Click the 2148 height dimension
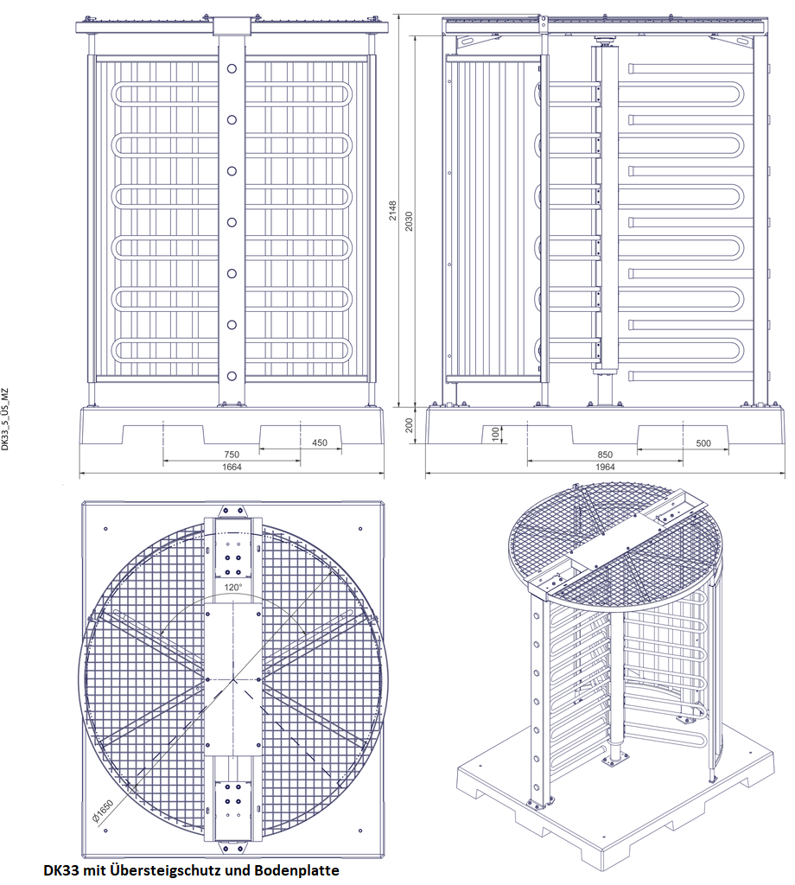click(392, 211)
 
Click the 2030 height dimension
click(409, 220)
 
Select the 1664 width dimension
click(232, 467)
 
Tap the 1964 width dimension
click(605, 467)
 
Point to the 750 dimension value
click(232, 455)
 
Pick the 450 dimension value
click(320, 442)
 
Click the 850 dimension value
click(605, 455)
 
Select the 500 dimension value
click(703, 443)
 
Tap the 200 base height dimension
click(409, 425)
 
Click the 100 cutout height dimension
click(495, 434)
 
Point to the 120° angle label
click(233, 587)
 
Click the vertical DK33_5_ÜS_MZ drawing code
click(5, 418)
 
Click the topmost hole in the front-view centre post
click(232, 69)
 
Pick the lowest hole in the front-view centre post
click(232, 376)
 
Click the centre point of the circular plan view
click(233, 680)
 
